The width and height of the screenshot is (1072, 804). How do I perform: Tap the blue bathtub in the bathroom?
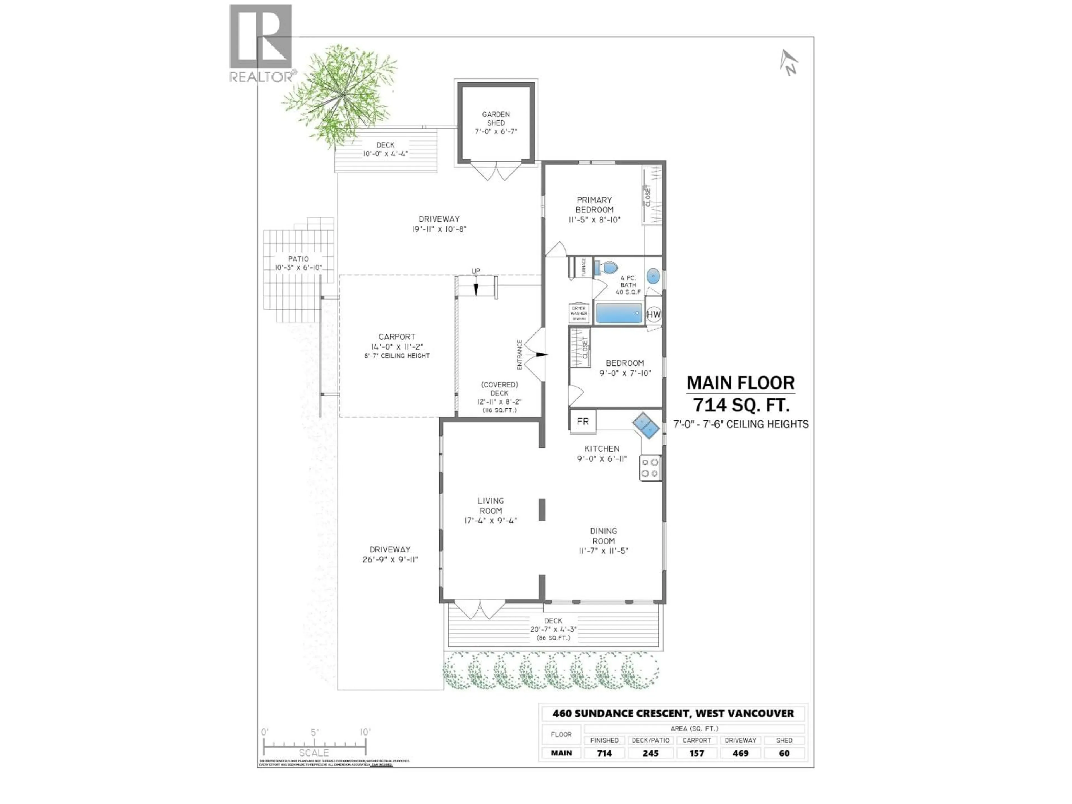pyautogui.click(x=619, y=313)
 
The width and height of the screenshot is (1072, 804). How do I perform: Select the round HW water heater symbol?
pyautogui.click(x=653, y=314)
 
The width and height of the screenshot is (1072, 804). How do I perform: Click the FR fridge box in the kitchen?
pyautogui.click(x=583, y=421)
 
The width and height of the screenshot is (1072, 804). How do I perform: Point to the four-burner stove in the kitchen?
pyautogui.click(x=650, y=468)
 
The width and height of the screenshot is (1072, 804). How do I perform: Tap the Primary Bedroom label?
pyautogui.click(x=594, y=205)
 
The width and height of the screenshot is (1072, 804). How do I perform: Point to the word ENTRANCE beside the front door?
pyautogui.click(x=520, y=355)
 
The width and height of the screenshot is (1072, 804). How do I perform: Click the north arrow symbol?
pyautogui.click(x=788, y=63)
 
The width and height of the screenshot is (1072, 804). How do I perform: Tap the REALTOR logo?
pyautogui.click(x=262, y=44)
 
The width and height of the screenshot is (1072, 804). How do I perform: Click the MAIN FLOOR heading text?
pyautogui.click(x=741, y=383)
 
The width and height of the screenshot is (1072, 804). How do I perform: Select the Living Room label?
pyautogui.click(x=490, y=506)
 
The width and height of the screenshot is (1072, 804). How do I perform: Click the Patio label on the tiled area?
pyautogui.click(x=298, y=259)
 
